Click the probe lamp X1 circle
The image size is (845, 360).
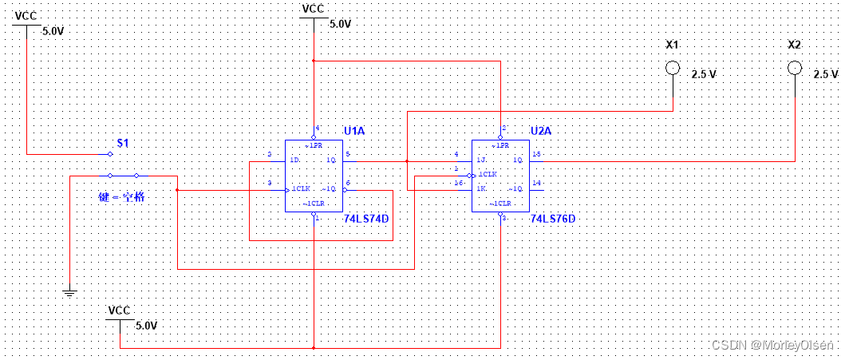(x=673, y=68)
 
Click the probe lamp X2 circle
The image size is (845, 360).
(x=794, y=68)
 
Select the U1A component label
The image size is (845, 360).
(x=355, y=131)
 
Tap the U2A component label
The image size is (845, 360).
(x=542, y=131)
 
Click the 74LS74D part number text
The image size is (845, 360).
(x=369, y=218)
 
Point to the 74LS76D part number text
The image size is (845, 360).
(x=552, y=217)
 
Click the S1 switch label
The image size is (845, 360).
(x=123, y=143)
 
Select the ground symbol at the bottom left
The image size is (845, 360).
(x=71, y=293)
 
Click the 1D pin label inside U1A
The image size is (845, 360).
(x=295, y=160)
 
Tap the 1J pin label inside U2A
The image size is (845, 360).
(x=481, y=160)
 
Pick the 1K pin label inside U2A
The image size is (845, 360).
(x=481, y=188)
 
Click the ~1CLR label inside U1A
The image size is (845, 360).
(x=314, y=204)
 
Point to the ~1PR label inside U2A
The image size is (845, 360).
(x=501, y=146)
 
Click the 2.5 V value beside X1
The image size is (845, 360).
(x=703, y=74)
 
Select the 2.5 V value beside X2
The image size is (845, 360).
(x=825, y=74)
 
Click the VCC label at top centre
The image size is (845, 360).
(x=313, y=9)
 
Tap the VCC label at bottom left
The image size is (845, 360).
(x=119, y=310)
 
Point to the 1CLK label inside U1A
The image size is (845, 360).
(x=300, y=188)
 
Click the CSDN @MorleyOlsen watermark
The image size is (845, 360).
(x=772, y=345)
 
